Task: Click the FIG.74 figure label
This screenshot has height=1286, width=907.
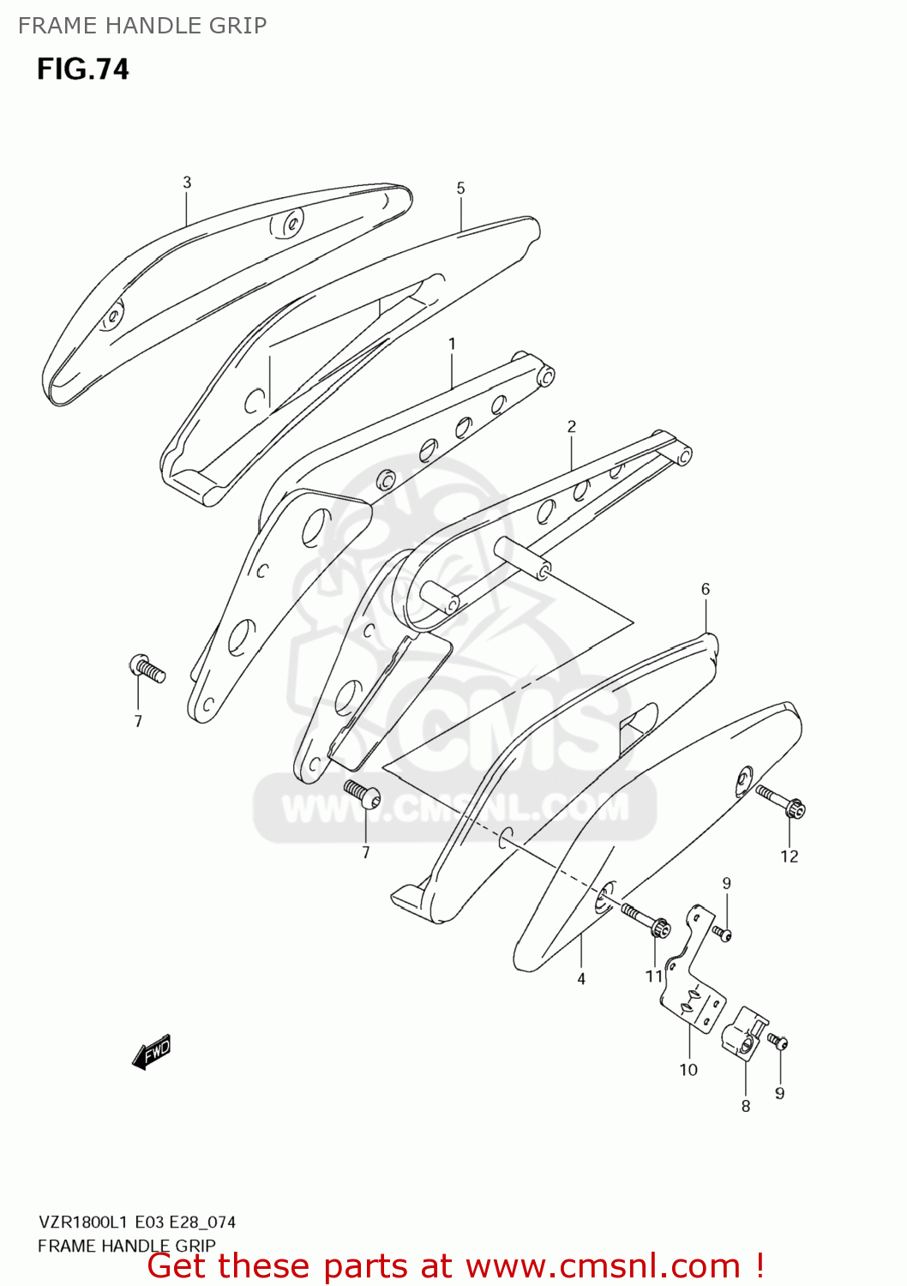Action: coord(82,69)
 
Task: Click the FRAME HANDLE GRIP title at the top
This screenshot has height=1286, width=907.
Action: coord(142,26)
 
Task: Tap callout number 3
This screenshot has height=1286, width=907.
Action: coord(187,182)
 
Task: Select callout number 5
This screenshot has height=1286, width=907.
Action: coord(460,188)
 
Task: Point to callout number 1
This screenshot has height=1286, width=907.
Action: coord(452,344)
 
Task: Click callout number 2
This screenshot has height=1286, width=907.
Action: coord(571,426)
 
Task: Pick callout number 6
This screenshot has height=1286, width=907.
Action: coord(706,589)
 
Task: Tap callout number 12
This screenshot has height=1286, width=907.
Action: coord(789,856)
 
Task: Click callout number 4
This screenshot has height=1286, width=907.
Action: coord(581,978)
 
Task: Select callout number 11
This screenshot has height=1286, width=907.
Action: coord(654,976)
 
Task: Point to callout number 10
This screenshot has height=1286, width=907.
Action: coord(688,1069)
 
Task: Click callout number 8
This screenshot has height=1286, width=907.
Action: coord(746,1106)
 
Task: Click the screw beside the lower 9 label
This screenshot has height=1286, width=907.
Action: coord(778,1043)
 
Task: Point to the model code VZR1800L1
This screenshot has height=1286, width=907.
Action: coord(82,1222)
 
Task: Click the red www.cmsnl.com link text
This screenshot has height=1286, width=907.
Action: coord(603,1266)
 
